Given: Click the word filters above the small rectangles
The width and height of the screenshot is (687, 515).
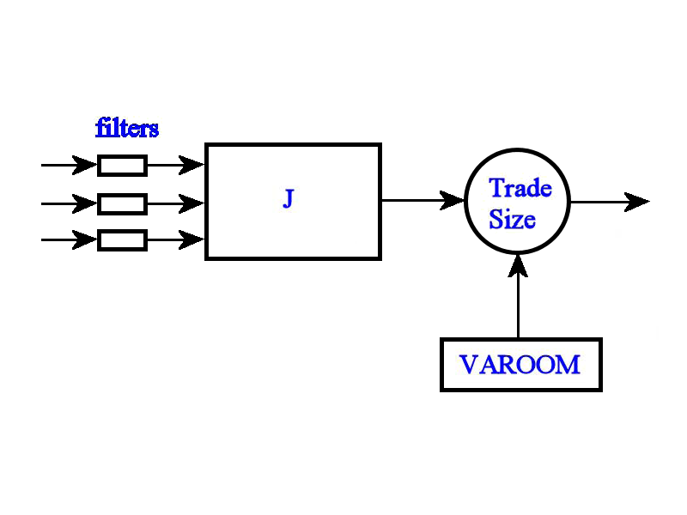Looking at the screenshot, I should click(x=126, y=129).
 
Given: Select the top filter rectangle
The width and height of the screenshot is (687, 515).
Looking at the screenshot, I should click(x=122, y=165).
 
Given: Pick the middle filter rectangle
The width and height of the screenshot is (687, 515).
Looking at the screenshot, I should click(x=122, y=203).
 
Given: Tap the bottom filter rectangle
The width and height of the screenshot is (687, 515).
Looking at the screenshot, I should click(x=122, y=240).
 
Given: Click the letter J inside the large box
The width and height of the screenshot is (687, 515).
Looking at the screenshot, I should click(x=289, y=200).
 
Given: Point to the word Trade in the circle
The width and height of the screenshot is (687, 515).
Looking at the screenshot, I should click(x=520, y=188).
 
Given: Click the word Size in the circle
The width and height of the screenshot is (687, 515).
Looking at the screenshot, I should click(x=513, y=220).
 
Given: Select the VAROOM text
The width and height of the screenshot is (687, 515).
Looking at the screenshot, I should click(x=520, y=365).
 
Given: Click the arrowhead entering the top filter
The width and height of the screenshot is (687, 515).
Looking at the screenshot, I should click(x=86, y=165).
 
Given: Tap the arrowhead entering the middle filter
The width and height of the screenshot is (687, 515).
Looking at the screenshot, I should click(x=86, y=203).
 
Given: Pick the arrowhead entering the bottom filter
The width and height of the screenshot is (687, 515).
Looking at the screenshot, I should click(x=86, y=240).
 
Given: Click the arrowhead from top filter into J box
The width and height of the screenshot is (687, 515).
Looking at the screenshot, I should click(x=192, y=165).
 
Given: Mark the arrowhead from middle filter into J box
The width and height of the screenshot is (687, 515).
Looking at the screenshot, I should click(x=192, y=203).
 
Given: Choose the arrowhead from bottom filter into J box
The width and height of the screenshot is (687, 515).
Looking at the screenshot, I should click(x=192, y=240).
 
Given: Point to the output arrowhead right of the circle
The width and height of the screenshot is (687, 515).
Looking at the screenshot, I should click(x=637, y=202).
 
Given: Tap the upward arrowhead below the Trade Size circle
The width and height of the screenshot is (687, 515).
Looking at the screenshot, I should click(x=518, y=266).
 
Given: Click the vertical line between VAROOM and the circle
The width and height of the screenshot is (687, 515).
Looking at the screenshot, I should click(x=518, y=309).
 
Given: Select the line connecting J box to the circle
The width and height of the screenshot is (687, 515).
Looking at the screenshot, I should click(x=412, y=201).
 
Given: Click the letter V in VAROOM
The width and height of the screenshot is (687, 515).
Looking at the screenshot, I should click(x=469, y=365).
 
